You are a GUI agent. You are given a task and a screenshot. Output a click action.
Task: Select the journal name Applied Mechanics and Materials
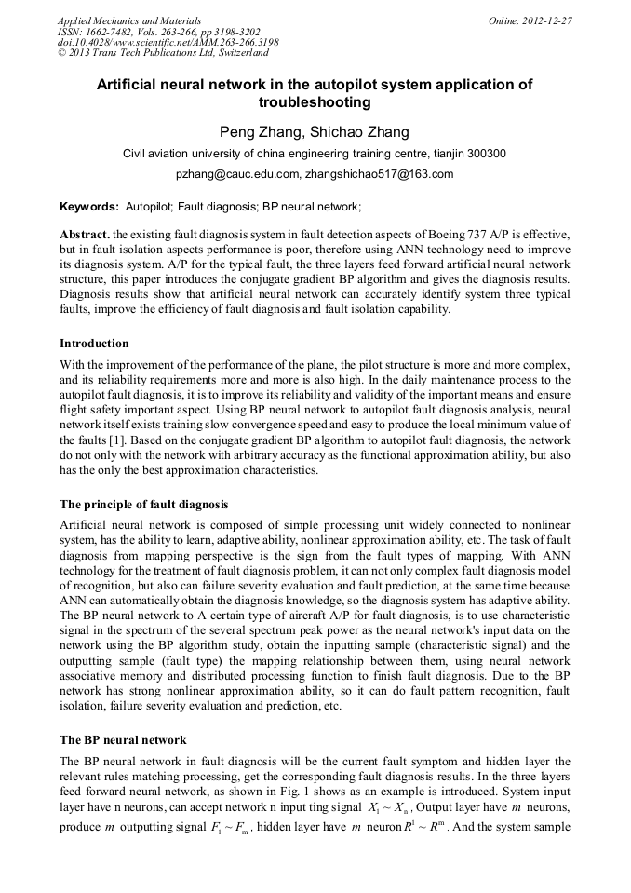tap(129, 20)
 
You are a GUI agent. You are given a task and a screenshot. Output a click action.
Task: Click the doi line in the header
tap(168, 42)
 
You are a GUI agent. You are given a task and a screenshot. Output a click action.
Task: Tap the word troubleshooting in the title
tap(315, 102)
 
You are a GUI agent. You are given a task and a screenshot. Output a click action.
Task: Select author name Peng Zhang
tap(256, 131)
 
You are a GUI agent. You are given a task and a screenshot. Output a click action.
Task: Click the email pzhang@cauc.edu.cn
tap(237, 174)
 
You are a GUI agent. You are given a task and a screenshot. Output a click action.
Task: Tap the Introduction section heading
tap(94, 344)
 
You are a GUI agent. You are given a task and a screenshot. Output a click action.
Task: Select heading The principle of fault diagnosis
tap(144, 504)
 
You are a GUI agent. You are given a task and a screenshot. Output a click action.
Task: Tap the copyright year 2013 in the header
tap(83, 53)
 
